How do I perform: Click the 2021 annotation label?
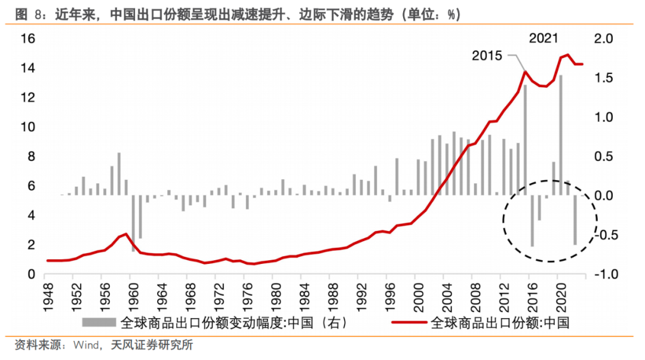coord(543,39)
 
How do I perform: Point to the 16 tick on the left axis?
coord(29,39)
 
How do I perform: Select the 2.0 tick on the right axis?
coord(604,39)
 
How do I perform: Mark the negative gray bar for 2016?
coord(532,220)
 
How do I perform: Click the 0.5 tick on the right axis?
coord(604,156)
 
